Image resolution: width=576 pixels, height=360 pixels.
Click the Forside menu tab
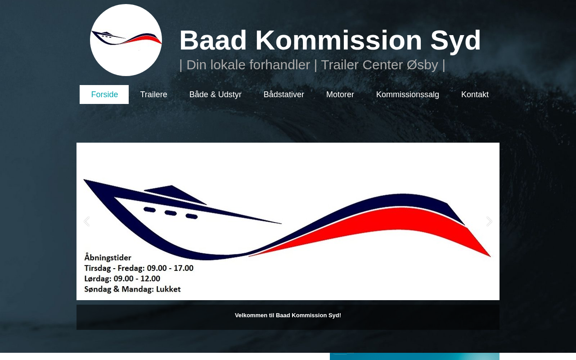pyautogui.click(x=104, y=94)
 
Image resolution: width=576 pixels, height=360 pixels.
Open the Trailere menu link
pyautogui.click(x=153, y=94)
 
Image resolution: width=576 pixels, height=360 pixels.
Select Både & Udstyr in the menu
pyautogui.click(x=215, y=94)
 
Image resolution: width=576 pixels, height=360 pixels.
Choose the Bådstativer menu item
pyautogui.click(x=283, y=94)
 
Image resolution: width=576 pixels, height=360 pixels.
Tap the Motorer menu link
pyautogui.click(x=340, y=94)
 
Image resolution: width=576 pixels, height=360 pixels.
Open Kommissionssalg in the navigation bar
pyautogui.click(x=408, y=94)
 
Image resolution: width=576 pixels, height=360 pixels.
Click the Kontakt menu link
pyautogui.click(x=475, y=94)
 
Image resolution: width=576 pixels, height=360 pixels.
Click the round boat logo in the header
pyautogui.click(x=126, y=40)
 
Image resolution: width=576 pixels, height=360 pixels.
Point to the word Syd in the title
pyautogui.click(x=455, y=40)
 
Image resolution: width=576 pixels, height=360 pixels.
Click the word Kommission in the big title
pyautogui.click(x=339, y=40)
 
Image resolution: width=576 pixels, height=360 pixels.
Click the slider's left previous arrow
pyautogui.click(x=87, y=221)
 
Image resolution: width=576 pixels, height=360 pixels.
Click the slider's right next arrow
pyautogui.click(x=489, y=221)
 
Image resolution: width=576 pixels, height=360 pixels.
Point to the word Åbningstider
pyautogui.click(x=108, y=257)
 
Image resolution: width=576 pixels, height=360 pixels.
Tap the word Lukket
pyautogui.click(x=168, y=289)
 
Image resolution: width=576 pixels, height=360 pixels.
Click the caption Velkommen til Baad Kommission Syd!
pyautogui.click(x=288, y=315)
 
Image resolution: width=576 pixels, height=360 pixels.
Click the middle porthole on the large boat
pyautogui.click(x=171, y=213)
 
